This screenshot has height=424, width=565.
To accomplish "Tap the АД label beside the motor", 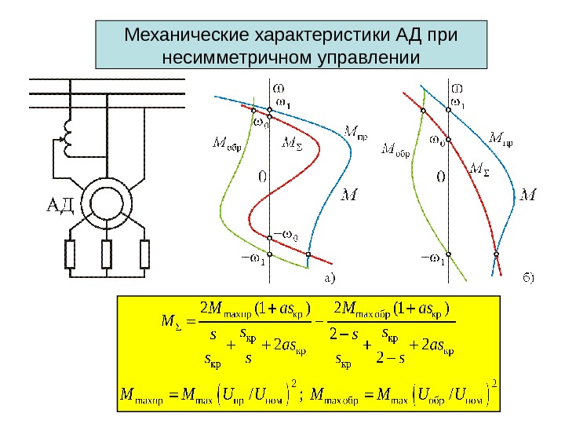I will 56,207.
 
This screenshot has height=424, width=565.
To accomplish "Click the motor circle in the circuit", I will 107,201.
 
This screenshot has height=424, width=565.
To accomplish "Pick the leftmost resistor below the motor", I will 69,254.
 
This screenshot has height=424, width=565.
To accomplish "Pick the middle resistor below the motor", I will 107,254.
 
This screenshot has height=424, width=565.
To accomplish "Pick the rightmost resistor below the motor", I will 144,254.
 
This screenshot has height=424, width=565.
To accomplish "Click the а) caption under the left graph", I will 330,277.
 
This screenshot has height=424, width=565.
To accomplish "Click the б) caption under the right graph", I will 530,277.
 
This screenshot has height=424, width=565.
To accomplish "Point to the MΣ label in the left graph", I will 291,143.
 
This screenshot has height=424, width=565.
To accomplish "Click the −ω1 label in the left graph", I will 252,257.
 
